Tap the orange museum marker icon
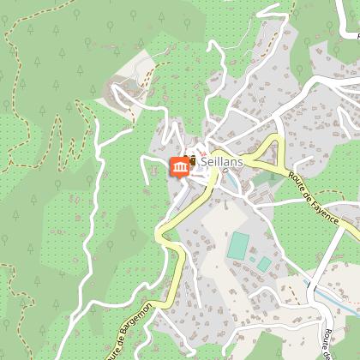click(180, 166)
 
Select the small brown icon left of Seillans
click(194, 159)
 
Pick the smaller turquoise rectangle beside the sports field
click(265, 263)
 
